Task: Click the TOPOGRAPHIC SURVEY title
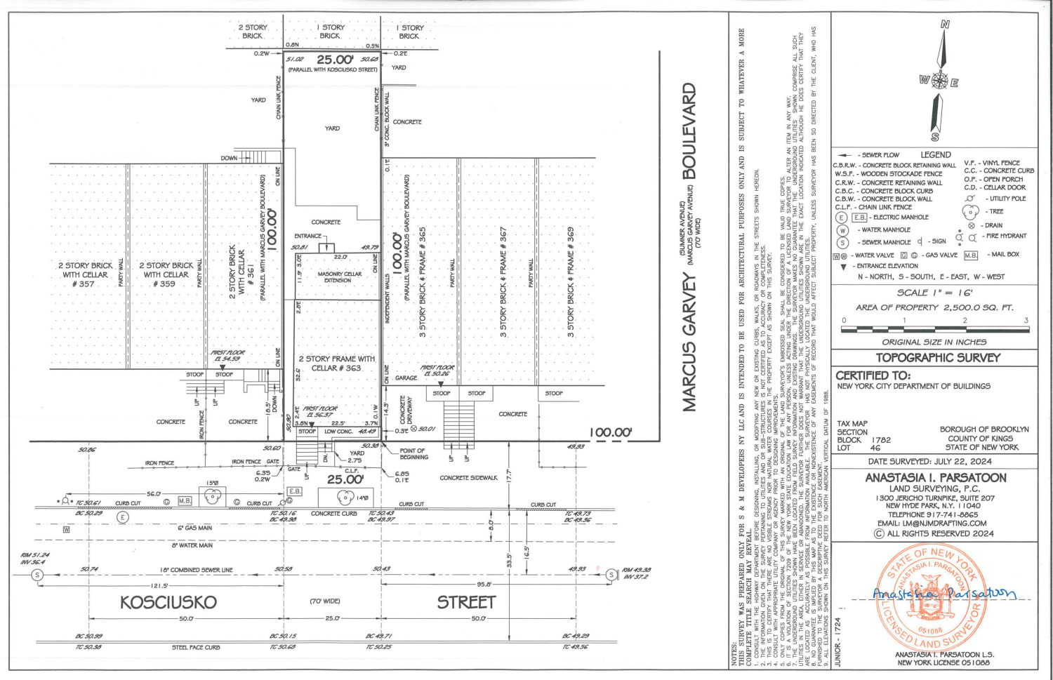pyautogui.click(x=937, y=358)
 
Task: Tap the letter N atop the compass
pyautogui.click(x=945, y=25)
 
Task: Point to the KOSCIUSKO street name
pyautogui.click(x=168, y=602)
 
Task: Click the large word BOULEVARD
pyautogui.click(x=690, y=131)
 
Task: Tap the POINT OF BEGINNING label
pyautogui.click(x=413, y=454)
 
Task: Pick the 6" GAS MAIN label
pyautogui.click(x=194, y=528)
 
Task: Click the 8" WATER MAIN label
pyautogui.click(x=192, y=545)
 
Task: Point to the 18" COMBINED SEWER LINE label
pyautogui.click(x=196, y=570)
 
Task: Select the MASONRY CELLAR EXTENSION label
pyautogui.click(x=339, y=277)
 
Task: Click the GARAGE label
pyautogui.click(x=406, y=378)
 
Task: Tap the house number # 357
pyautogui.click(x=86, y=284)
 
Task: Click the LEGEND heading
pyautogui.click(x=936, y=155)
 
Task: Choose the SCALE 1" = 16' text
pyautogui.click(x=934, y=293)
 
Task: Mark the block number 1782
pyautogui.click(x=881, y=440)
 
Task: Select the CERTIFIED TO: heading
pyautogui.click(x=873, y=375)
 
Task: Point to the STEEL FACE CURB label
pyautogui.click(x=196, y=647)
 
